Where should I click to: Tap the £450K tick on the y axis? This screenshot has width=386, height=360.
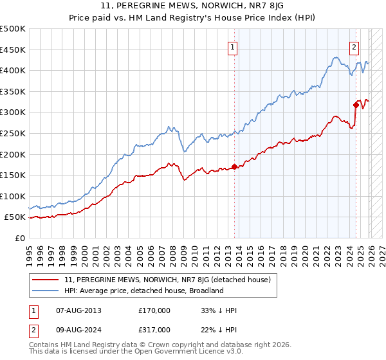(14, 50)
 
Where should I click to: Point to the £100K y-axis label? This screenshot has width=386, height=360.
(14, 196)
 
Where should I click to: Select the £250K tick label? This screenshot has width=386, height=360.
(14, 133)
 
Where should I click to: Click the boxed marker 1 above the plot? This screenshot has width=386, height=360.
(232, 46)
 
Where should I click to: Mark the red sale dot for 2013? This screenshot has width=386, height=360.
(234, 166)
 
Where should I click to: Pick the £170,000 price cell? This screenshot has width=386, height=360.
(154, 310)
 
